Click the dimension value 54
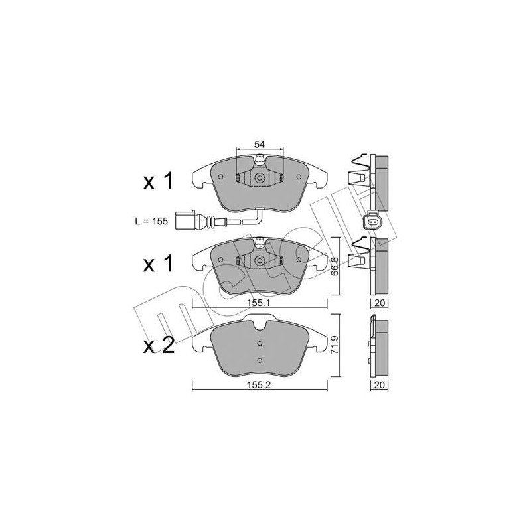pyautogui.click(x=260, y=144)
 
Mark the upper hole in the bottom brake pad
pyautogui.click(x=260, y=344)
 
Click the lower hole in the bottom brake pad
pyautogui.click(x=260, y=360)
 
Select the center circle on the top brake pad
pyautogui.click(x=260, y=178)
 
